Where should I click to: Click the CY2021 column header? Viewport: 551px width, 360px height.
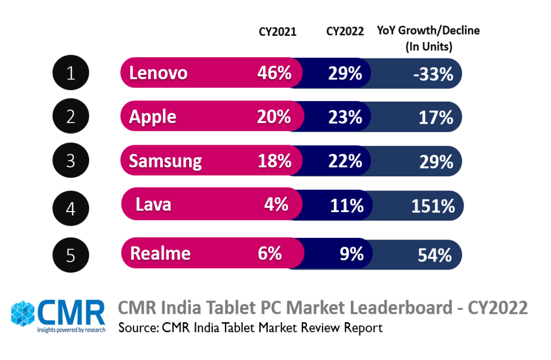coord(277,32)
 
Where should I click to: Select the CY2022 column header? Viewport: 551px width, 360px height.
coord(345,32)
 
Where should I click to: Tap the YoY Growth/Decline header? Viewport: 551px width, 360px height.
coord(428,38)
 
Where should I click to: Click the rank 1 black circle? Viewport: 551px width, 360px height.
coord(71,73)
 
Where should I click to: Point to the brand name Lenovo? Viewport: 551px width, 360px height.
coord(158,73)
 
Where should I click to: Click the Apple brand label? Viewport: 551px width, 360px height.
coord(153,116)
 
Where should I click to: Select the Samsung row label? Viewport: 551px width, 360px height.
coord(165,161)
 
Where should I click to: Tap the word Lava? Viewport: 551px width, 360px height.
coord(153,204)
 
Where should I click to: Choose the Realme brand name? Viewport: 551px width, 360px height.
coord(160,254)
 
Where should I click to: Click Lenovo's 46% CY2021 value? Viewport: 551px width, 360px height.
coord(274,73)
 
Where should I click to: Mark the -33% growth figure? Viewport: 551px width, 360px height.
coord(433,74)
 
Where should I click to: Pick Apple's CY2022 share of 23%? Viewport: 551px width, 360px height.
coord(345,116)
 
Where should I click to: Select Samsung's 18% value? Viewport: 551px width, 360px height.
coord(274,161)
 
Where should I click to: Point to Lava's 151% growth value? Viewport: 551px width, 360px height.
coord(433,206)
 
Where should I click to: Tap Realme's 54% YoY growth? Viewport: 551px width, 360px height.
coord(435,255)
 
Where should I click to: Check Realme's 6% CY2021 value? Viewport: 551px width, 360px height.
coord(270,254)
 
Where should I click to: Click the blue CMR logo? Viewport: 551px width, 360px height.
coord(58,315)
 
